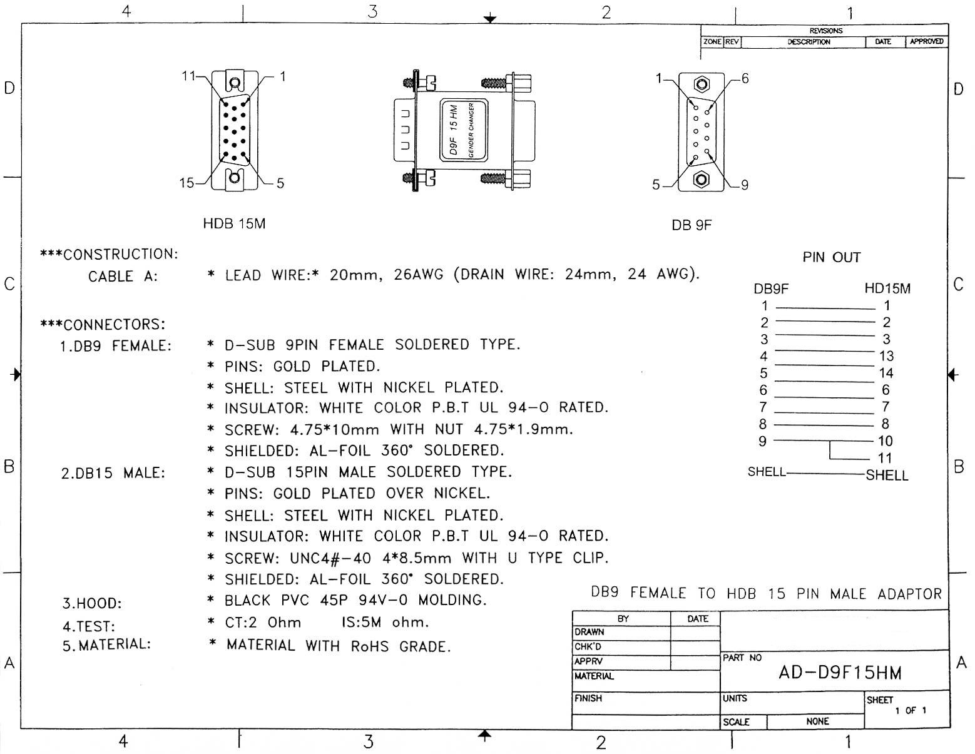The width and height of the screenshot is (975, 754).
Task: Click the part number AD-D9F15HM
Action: [840, 673]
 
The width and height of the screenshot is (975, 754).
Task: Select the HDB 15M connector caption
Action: [234, 223]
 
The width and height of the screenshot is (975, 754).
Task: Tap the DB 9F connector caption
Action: [692, 225]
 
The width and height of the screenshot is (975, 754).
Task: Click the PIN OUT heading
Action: [831, 257]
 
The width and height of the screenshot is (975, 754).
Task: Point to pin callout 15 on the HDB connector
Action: [186, 183]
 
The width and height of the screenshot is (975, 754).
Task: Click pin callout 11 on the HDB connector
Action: [188, 76]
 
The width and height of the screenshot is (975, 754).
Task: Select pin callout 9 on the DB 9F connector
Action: [744, 185]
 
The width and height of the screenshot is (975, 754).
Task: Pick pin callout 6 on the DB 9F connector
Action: [745, 79]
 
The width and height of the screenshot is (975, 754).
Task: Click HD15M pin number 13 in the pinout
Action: [886, 356]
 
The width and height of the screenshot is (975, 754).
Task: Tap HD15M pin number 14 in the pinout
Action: [886, 373]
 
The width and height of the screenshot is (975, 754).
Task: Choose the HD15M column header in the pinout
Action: [887, 288]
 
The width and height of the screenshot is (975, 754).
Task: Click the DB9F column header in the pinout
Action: [771, 288]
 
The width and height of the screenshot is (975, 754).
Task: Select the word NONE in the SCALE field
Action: [817, 721]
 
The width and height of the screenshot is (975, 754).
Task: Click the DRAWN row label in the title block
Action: [590, 632]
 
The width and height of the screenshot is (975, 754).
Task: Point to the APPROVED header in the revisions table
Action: [926, 41]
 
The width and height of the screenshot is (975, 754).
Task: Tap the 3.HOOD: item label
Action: [91, 604]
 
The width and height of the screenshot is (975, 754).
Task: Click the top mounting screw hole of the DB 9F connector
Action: [701, 84]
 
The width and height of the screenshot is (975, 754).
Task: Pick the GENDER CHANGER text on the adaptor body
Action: [471, 131]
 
